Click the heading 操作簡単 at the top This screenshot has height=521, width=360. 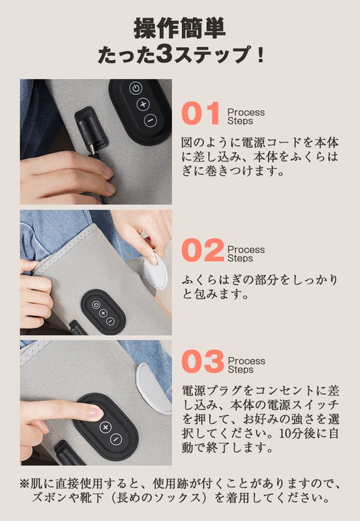click(x=179, y=29)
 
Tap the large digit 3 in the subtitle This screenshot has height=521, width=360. click(x=165, y=54)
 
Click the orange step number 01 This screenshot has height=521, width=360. click(x=201, y=113)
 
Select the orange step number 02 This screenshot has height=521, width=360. click(x=203, y=250)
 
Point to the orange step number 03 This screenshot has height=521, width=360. click(x=203, y=361)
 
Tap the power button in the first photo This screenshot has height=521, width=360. click(x=136, y=89)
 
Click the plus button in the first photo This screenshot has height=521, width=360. click(x=143, y=104)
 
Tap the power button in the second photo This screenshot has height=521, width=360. click(x=96, y=304)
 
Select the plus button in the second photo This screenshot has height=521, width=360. click(x=103, y=313)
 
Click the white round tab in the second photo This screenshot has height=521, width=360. click(x=155, y=271)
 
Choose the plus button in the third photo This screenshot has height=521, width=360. click(x=105, y=427)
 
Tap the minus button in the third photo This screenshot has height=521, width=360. click(x=116, y=439)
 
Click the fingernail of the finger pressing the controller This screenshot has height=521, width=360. click(x=95, y=413)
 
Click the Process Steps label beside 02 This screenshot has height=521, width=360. click(x=246, y=254)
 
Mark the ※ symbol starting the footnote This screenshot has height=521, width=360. click(x=25, y=483)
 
